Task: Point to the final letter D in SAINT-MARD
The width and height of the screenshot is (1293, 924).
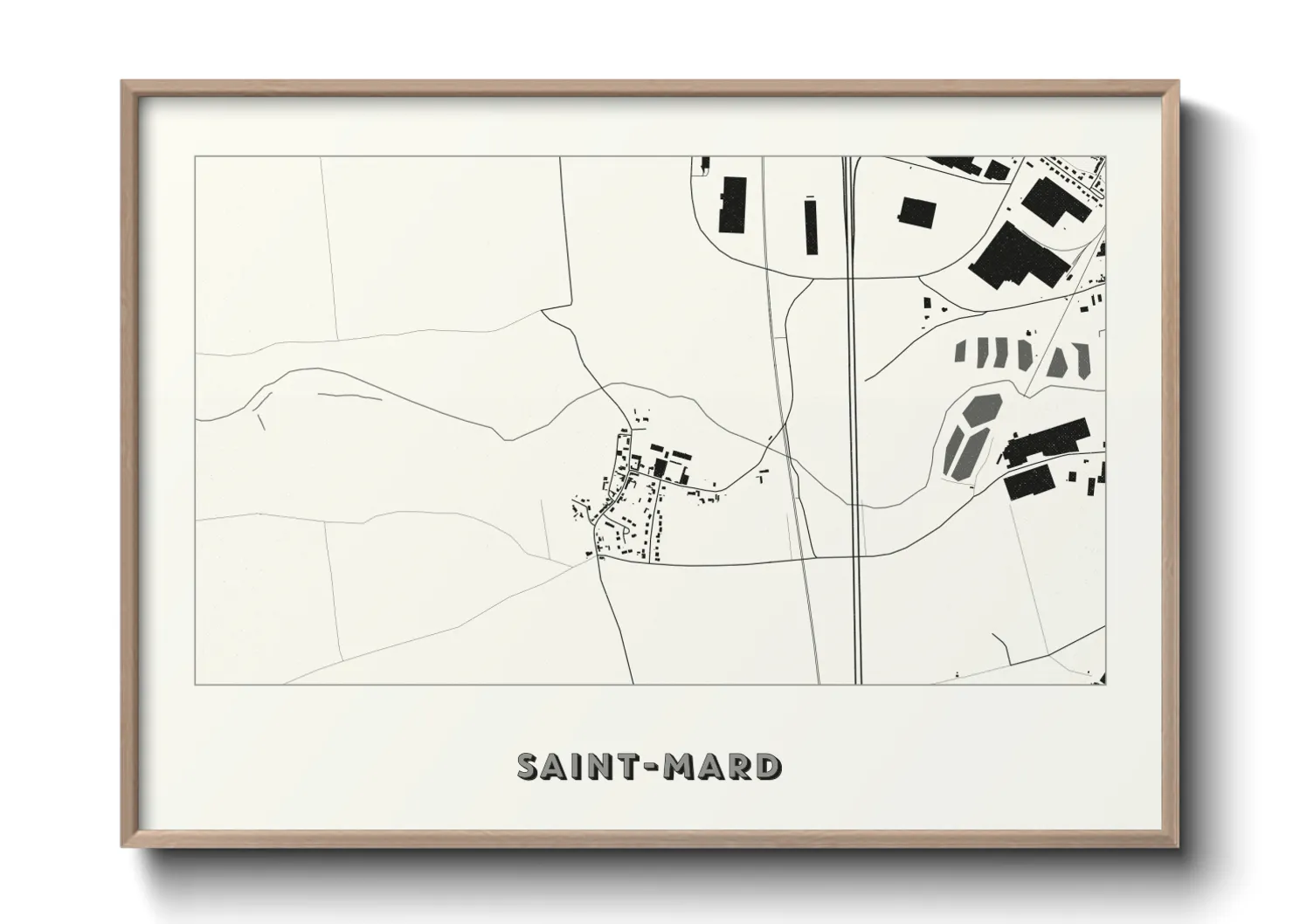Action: pos(769,766)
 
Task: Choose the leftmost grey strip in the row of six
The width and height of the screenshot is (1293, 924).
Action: pos(960,351)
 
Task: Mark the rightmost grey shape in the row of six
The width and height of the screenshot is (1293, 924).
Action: pos(1083,358)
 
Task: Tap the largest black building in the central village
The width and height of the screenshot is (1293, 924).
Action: pos(660,469)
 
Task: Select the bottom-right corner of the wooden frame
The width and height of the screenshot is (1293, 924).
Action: pos(1177,845)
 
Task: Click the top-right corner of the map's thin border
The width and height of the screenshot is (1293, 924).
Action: pos(1105,157)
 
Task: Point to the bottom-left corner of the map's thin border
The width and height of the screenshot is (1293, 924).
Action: pos(196,685)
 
